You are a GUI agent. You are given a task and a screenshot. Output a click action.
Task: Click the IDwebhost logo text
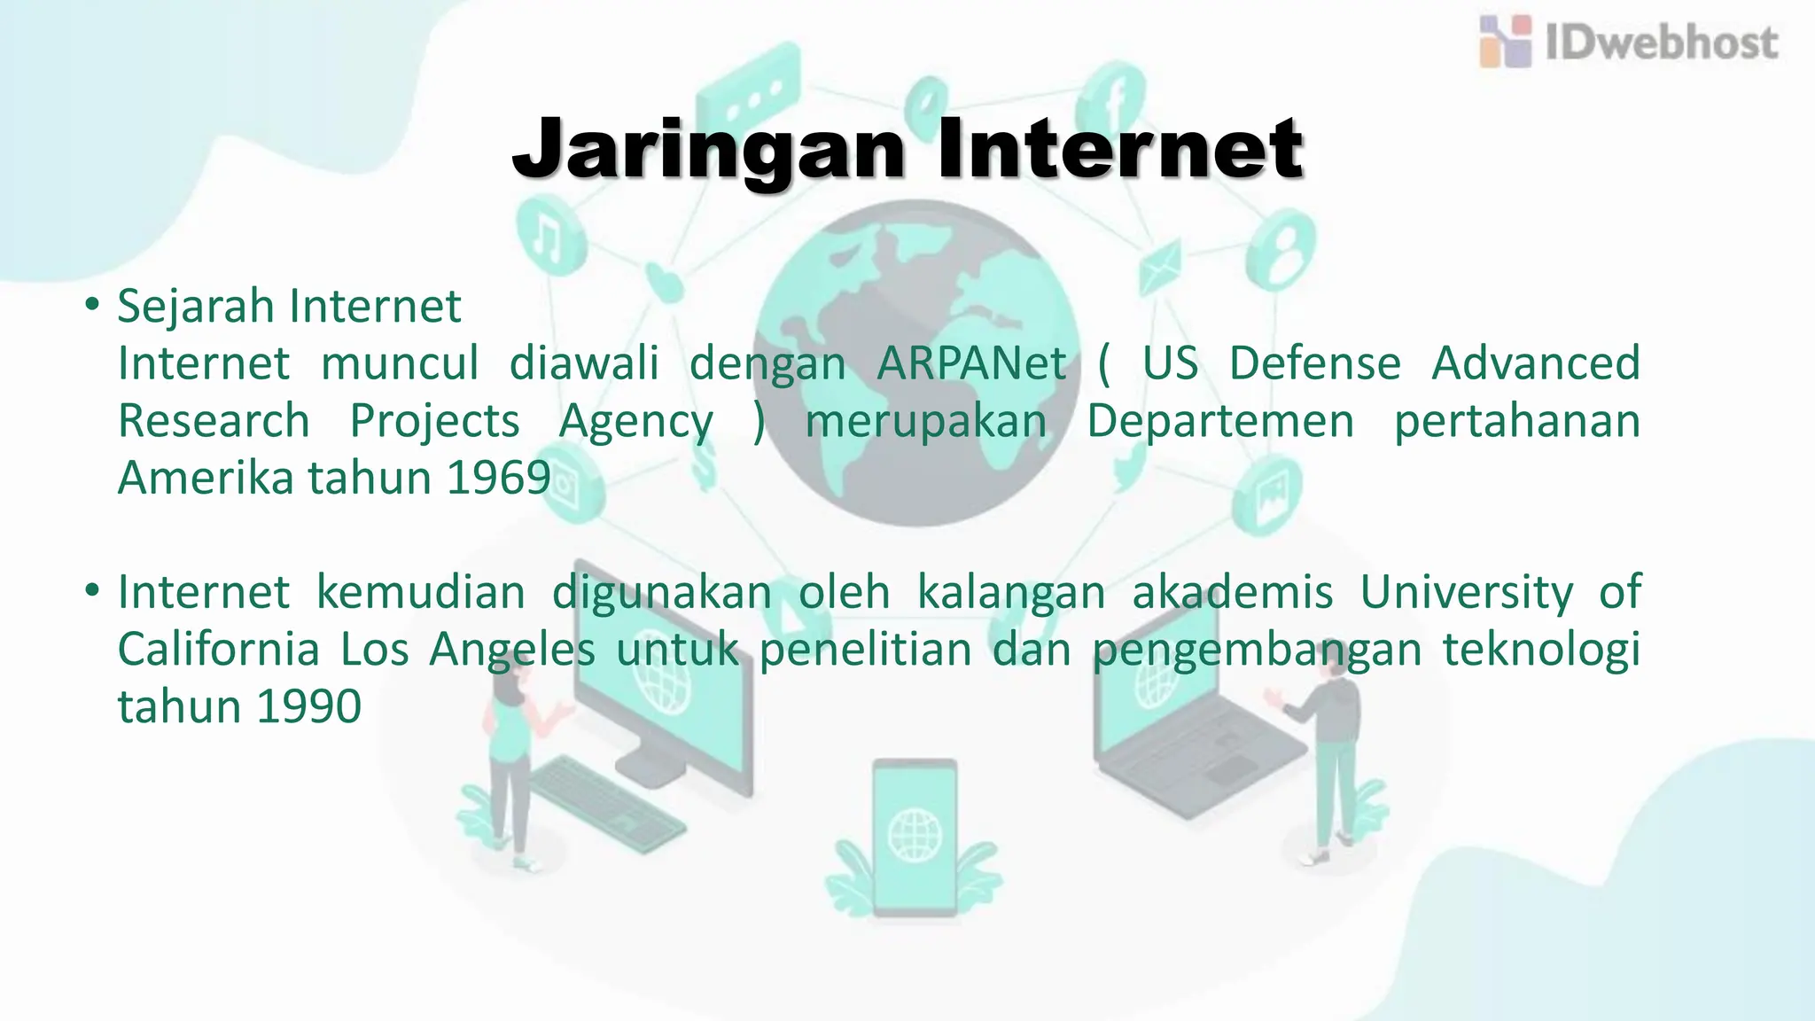pyautogui.click(x=1661, y=43)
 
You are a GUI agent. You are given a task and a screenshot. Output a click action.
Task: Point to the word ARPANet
pyautogui.click(x=971, y=363)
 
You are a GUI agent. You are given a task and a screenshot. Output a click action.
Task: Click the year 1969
pyautogui.click(x=499, y=478)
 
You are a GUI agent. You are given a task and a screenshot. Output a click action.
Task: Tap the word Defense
pyautogui.click(x=1315, y=363)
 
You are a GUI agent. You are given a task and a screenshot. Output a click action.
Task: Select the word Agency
pyautogui.click(x=635, y=422)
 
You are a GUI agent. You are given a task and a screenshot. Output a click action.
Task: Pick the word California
pyautogui.click(x=218, y=650)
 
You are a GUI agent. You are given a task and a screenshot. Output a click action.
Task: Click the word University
pyautogui.click(x=1467, y=592)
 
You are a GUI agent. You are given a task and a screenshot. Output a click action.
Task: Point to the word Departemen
pyautogui.click(x=1220, y=421)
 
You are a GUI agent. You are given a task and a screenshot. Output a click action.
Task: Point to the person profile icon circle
pyautogui.click(x=1280, y=248)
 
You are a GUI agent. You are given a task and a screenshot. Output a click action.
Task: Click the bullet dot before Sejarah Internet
pyautogui.click(x=91, y=305)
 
